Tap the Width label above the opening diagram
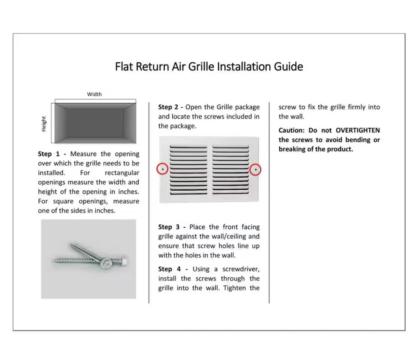(x=94, y=94)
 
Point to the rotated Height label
(x=44, y=124)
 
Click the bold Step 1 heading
(x=49, y=154)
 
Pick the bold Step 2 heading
(x=168, y=107)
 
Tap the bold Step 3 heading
(x=169, y=227)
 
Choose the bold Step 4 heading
(x=169, y=269)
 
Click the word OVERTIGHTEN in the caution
(x=358, y=130)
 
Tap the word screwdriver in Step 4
(x=241, y=269)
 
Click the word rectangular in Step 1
(x=122, y=173)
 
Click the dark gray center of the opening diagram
(x=95, y=123)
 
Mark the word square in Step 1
(x=63, y=201)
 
